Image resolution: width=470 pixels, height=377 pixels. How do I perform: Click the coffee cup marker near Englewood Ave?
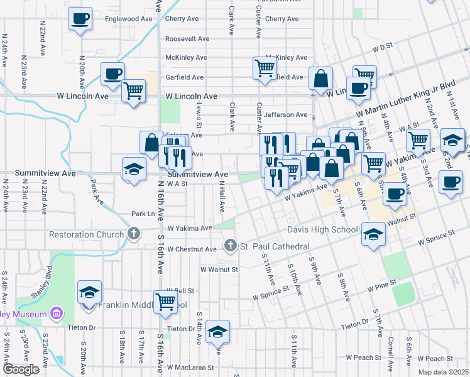80,19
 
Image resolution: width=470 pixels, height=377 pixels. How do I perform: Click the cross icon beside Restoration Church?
133,234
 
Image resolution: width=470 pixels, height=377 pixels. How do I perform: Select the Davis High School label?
322,229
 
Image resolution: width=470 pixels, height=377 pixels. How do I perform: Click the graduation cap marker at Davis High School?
373,235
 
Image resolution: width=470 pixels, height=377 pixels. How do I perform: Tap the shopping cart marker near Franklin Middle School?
166,301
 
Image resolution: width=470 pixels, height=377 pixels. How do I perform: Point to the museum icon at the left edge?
57,313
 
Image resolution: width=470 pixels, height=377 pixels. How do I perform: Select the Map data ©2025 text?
443,372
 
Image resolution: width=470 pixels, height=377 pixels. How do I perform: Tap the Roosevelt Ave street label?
187,38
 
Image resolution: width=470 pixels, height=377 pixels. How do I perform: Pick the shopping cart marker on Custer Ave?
265,67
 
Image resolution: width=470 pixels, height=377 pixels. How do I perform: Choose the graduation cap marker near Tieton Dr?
217,332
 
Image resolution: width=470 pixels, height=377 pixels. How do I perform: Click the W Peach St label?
363,357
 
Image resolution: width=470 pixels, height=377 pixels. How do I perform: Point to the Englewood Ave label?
133,19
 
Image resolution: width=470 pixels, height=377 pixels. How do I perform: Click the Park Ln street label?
143,214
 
